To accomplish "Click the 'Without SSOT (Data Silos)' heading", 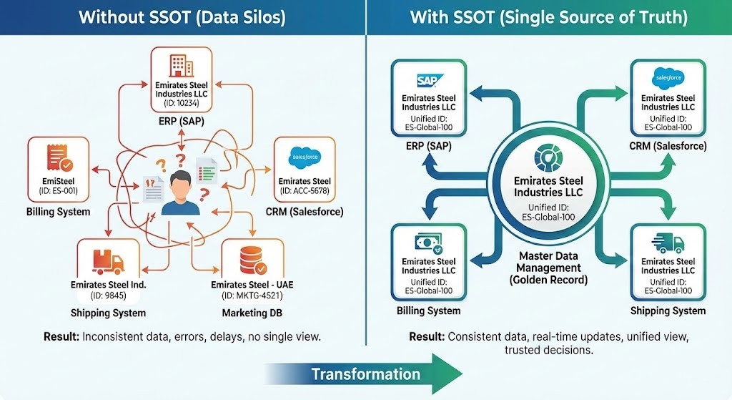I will (182, 16).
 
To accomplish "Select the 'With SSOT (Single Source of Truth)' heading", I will (548, 16).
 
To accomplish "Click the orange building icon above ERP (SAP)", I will (181, 66).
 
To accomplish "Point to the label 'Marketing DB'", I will (252, 313).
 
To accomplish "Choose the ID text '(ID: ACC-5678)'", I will (305, 192).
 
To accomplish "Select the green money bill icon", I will (428, 243).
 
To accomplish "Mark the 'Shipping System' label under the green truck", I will (668, 311).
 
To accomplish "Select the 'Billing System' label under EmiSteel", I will (59, 211).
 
